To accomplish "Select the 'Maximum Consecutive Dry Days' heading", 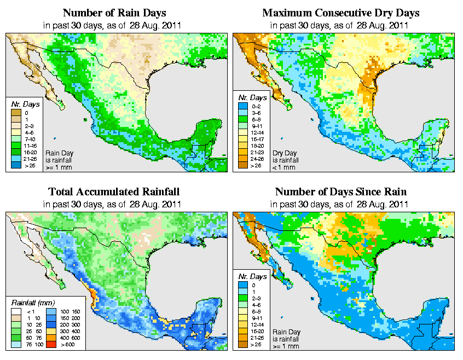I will click(x=341, y=13).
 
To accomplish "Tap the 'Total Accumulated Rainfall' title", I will click(x=114, y=192).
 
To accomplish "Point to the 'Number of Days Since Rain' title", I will click(x=341, y=192).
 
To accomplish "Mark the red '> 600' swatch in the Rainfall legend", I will click(x=50, y=345).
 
